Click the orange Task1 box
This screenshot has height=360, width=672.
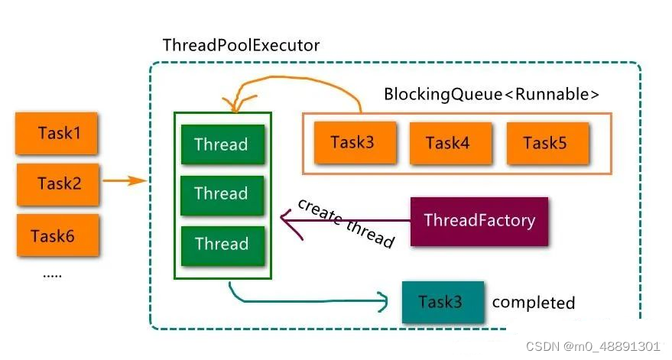(59, 134)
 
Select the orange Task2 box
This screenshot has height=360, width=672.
(59, 184)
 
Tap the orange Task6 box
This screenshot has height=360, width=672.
(53, 236)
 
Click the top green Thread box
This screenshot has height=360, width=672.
(222, 144)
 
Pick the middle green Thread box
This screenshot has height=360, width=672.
(222, 194)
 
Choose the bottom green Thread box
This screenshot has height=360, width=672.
(222, 244)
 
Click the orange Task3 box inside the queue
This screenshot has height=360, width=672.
(353, 142)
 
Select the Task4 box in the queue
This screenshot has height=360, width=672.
(448, 143)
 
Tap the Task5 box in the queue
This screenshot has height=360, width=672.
(545, 143)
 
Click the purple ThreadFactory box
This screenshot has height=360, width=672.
(479, 221)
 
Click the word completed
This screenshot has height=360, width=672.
(533, 303)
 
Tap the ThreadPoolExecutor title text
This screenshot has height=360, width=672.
(241, 46)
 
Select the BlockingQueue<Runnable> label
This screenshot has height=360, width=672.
(491, 95)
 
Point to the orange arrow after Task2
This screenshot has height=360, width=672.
(125, 181)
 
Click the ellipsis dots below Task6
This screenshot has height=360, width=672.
(52, 274)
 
